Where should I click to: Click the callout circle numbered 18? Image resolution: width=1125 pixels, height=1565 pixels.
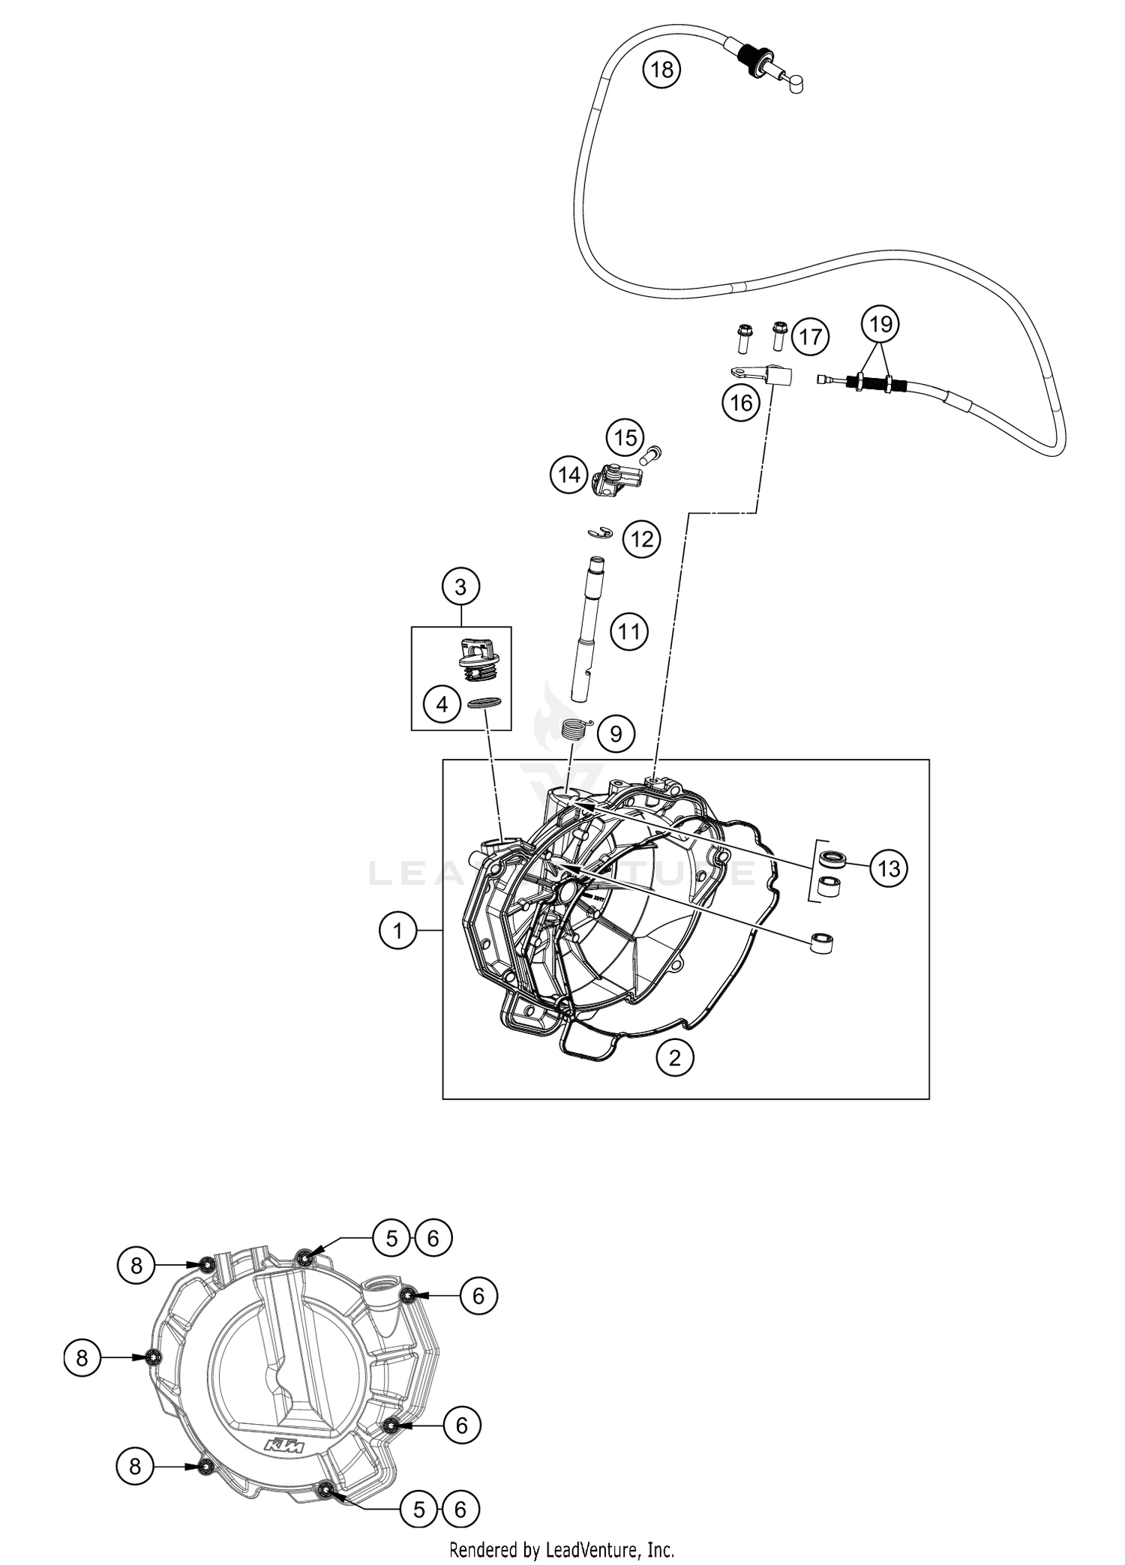(x=661, y=70)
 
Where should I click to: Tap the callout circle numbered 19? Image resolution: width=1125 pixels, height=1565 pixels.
(x=880, y=324)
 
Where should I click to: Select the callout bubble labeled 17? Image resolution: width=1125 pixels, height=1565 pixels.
(x=810, y=337)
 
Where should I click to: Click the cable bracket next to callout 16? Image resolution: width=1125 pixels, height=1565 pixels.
(x=763, y=373)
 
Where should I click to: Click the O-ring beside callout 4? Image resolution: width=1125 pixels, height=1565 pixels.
(x=484, y=703)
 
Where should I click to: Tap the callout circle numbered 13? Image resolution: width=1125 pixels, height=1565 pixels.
(x=889, y=868)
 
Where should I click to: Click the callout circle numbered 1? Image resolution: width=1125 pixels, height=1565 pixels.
(x=397, y=931)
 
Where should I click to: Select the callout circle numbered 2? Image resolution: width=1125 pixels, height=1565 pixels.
(x=675, y=1057)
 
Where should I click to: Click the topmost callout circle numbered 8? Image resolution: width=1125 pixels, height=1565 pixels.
(x=136, y=1266)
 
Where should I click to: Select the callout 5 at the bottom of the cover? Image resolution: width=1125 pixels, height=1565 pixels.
(x=418, y=1510)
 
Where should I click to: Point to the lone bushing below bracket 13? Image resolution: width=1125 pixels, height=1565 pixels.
(x=824, y=941)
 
